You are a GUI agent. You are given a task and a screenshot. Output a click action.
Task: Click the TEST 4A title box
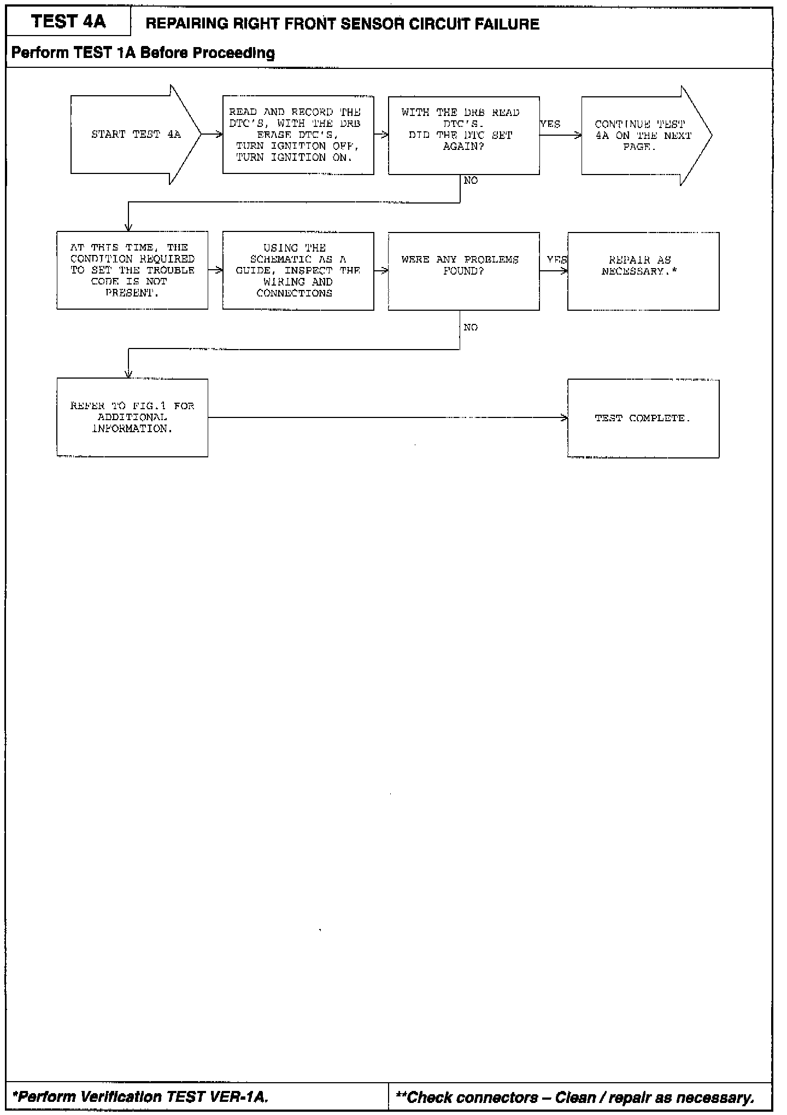coord(68,22)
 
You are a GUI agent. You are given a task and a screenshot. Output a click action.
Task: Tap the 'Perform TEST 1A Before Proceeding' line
coord(143,53)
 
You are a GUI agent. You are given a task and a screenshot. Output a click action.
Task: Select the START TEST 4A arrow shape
coord(136,135)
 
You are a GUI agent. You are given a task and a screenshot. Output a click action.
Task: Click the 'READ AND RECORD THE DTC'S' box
coord(298,135)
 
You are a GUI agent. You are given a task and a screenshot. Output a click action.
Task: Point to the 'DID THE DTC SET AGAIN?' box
coord(463,135)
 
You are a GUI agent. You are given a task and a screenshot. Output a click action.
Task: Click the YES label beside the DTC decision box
coord(550,124)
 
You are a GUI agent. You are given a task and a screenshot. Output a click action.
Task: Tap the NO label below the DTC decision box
coord(471,181)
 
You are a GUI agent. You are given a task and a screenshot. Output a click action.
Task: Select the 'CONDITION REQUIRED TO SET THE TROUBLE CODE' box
coord(132,270)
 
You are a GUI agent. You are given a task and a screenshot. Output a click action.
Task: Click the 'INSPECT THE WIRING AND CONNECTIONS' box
coord(298,271)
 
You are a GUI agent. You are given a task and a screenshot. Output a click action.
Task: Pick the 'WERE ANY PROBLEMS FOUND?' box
coord(463,271)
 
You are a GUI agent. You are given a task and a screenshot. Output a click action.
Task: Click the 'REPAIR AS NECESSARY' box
coord(643,271)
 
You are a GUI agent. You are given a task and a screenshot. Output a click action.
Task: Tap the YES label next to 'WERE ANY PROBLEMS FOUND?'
coord(557,260)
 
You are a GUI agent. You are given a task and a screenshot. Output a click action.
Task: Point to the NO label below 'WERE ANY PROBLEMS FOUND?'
coord(471,328)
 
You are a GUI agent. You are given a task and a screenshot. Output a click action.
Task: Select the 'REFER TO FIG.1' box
coord(132,417)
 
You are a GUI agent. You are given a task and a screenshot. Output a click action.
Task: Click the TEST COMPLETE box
coord(643,418)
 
